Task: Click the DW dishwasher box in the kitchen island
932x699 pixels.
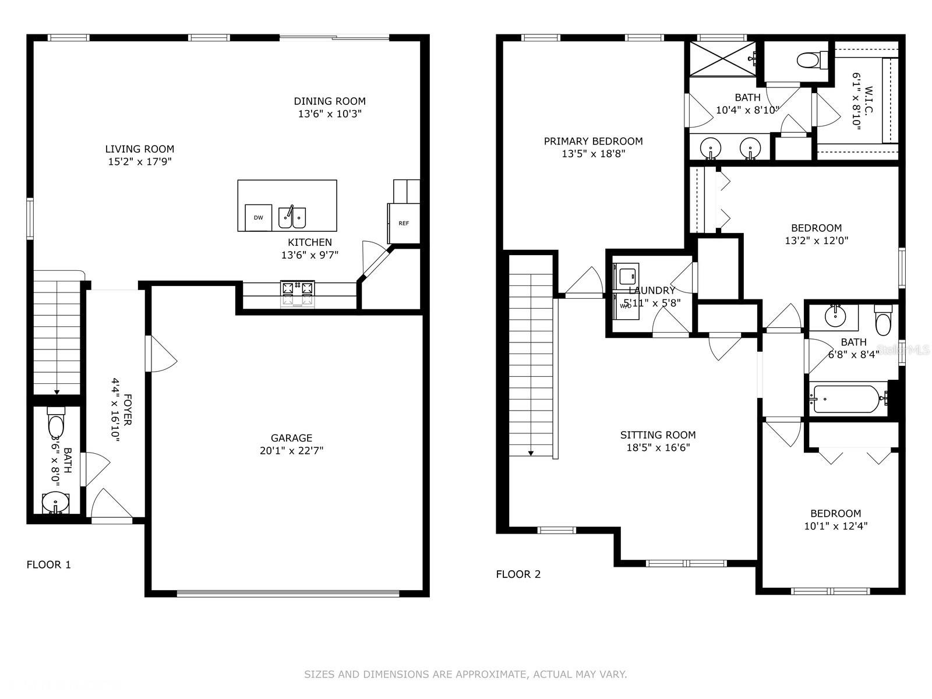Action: click(258, 217)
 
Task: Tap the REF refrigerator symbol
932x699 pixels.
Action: click(403, 223)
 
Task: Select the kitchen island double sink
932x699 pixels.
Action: click(292, 217)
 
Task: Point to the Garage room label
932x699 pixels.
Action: click(291, 438)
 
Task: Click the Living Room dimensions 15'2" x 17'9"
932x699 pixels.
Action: click(140, 162)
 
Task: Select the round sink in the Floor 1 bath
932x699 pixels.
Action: click(55, 503)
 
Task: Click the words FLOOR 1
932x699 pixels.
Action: click(48, 564)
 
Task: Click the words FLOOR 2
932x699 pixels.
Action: click(518, 574)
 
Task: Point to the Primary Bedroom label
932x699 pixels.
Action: click(593, 142)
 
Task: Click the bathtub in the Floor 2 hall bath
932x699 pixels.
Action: click(848, 399)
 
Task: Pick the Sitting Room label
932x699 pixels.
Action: click(658, 435)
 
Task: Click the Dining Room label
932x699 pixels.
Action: click(330, 101)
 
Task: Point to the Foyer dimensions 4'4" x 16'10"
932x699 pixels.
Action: click(115, 410)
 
